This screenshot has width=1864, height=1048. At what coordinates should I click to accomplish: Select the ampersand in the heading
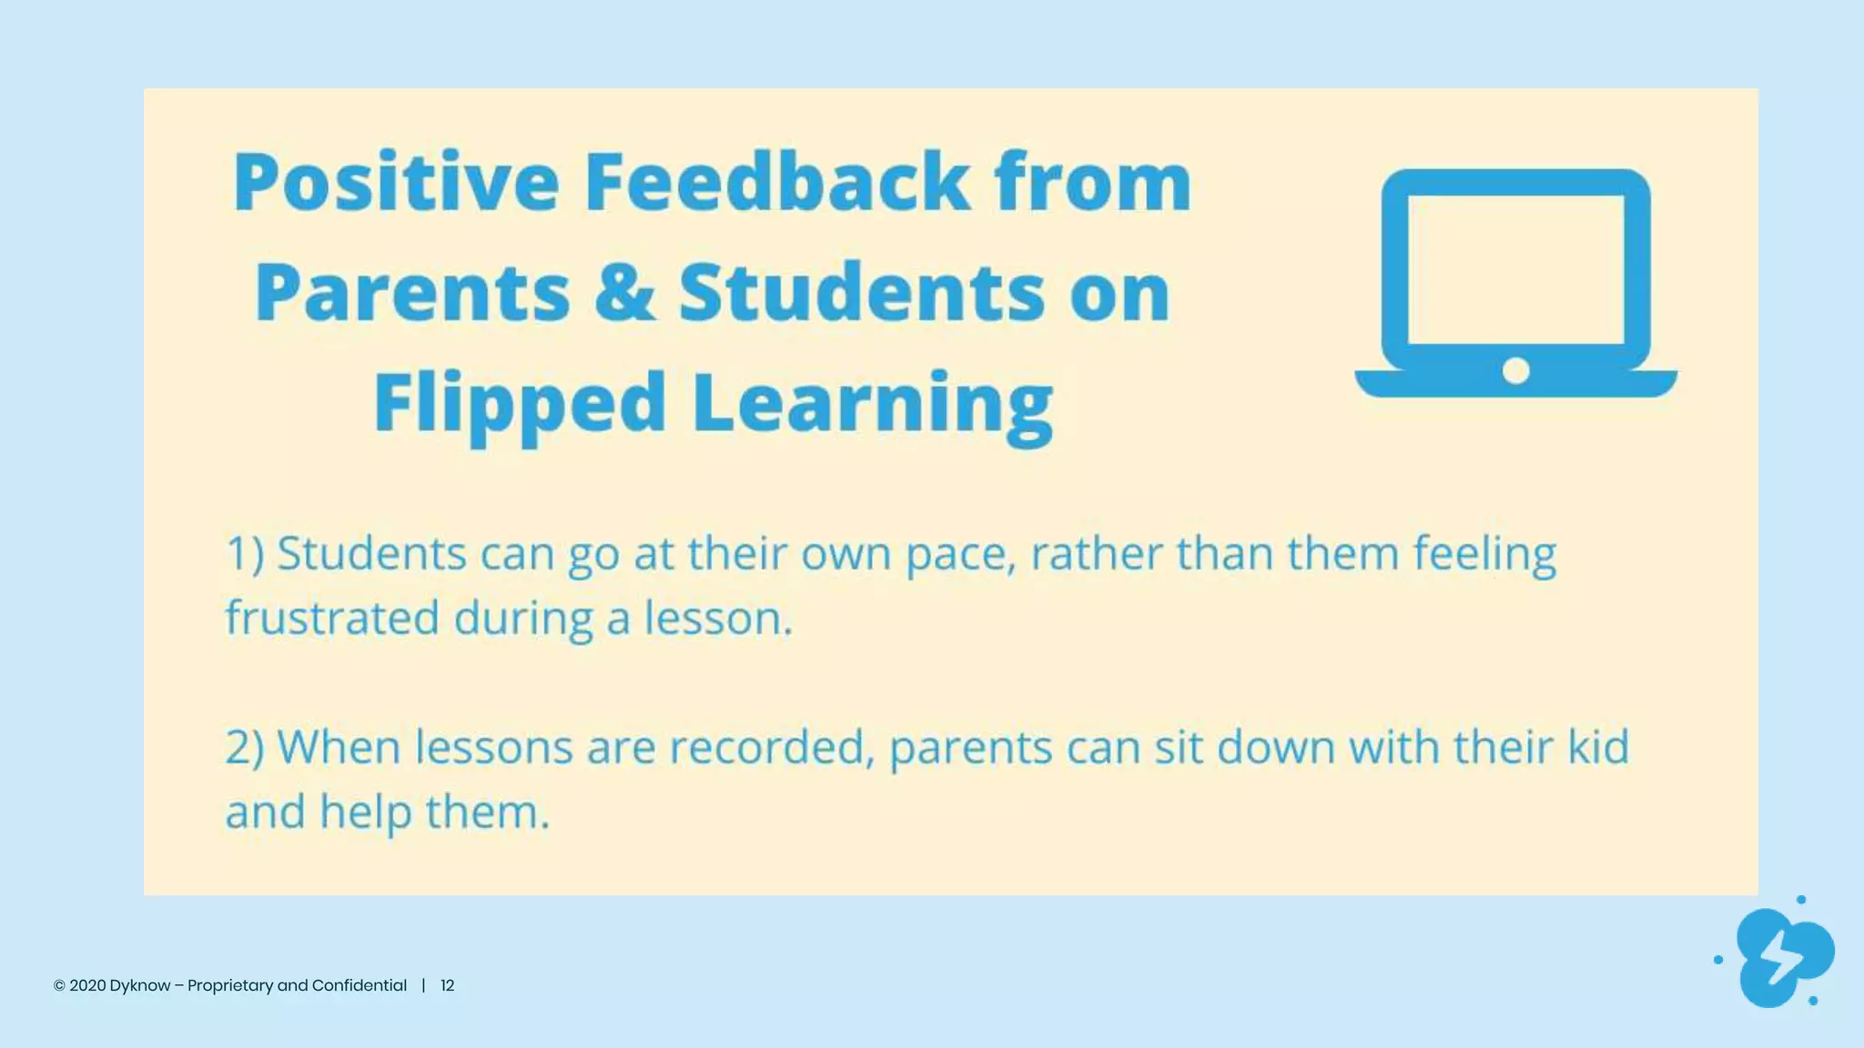[624, 292]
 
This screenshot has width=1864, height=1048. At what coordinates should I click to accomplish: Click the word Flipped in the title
[520, 404]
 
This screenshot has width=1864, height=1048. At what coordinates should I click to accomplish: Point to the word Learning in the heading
[872, 404]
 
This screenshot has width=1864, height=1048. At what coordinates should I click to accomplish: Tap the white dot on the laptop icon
[1515, 370]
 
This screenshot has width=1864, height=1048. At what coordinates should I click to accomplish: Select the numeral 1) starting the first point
[245, 554]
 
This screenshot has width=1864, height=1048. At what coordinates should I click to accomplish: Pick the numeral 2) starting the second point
[245, 748]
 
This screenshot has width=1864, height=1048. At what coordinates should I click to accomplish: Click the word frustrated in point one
[332, 619]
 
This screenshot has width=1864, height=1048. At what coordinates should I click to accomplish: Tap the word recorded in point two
[771, 748]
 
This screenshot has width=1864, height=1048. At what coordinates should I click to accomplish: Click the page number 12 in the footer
[447, 985]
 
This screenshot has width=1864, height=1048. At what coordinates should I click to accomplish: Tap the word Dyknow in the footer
[139, 985]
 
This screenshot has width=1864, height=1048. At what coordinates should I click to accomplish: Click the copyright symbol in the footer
[59, 986]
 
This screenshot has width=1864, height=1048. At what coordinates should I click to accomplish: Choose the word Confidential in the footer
[359, 985]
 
